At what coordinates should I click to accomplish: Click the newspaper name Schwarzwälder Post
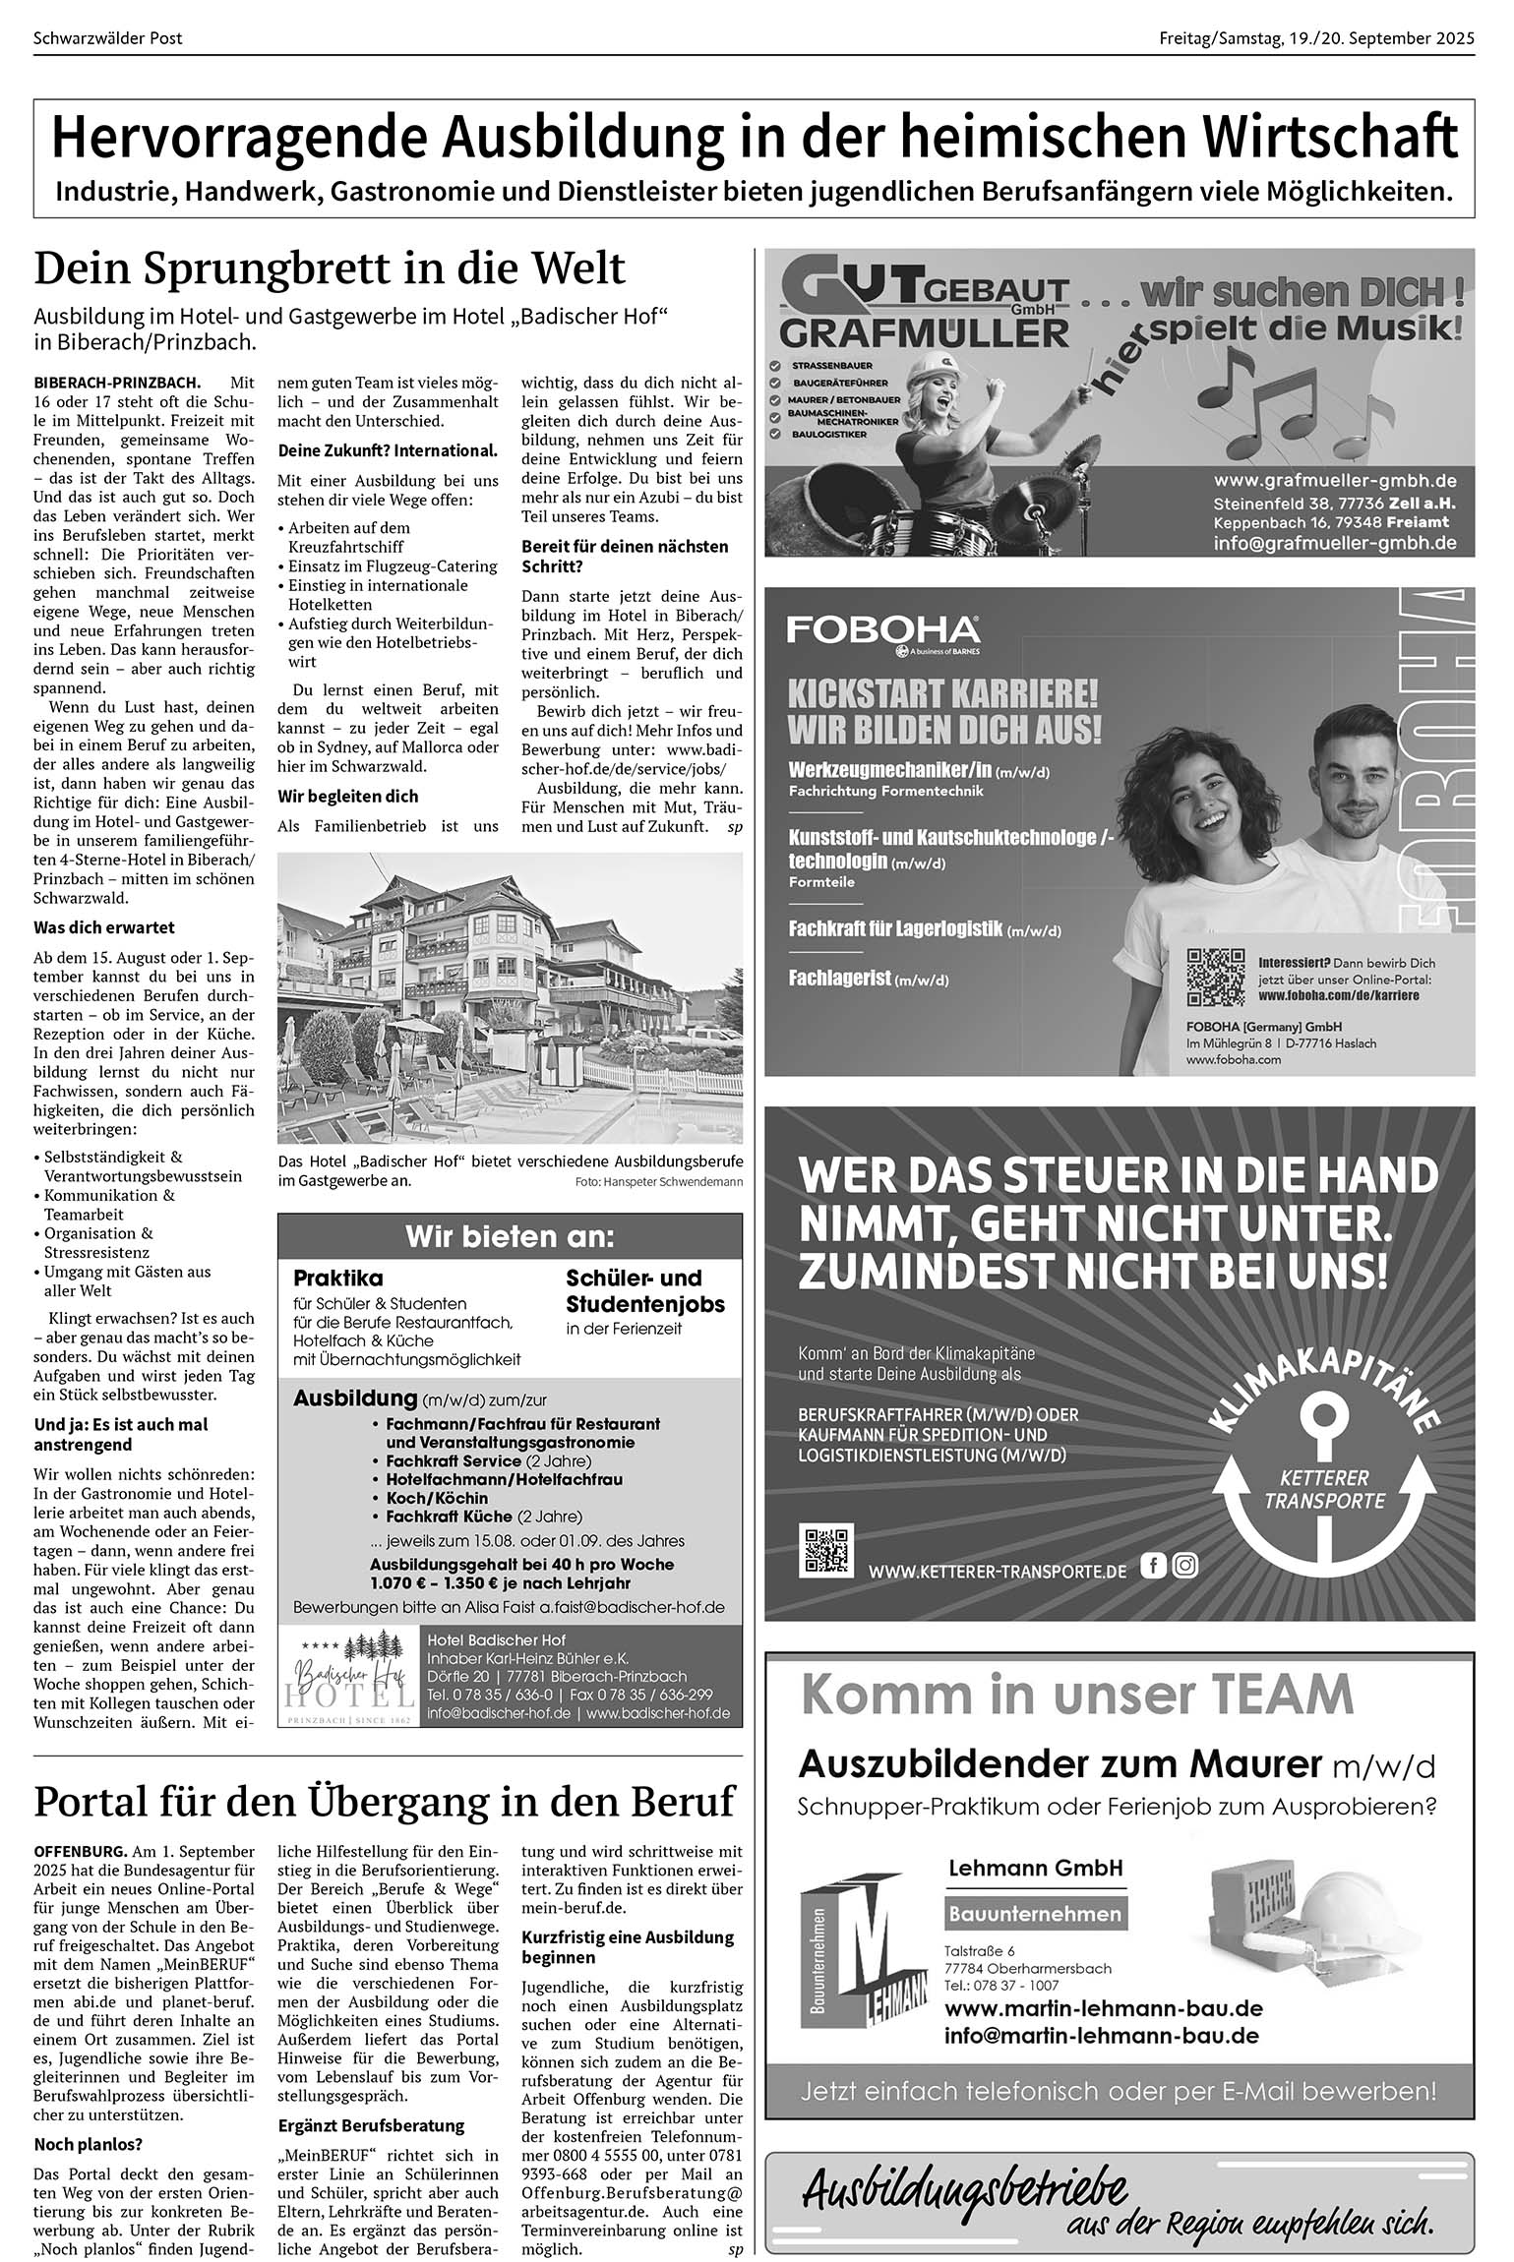pos(108,39)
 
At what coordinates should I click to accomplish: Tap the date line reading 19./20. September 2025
pos(1316,39)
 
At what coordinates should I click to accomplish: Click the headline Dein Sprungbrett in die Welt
pos(330,268)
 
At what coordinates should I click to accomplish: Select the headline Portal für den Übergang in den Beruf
pos(385,1802)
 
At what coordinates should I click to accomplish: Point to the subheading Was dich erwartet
pos(104,926)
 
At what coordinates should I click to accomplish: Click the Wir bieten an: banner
pos(510,1236)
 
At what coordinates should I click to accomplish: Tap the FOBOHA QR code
pos(1216,977)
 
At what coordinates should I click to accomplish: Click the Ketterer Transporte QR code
pos(828,1551)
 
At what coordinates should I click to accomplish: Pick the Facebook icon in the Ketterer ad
pos(1153,1565)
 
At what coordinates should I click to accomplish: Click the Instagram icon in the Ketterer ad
pos(1185,1565)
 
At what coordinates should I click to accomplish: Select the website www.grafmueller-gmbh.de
pos(1334,481)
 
